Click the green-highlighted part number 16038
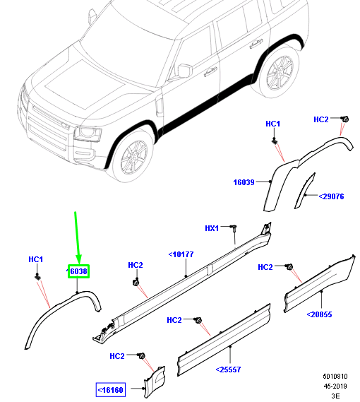pos(78,271)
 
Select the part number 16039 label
pos(244,183)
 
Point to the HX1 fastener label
pos(212,228)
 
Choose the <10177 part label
pos(181,254)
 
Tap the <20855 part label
pos(320,314)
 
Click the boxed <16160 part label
pos(111,389)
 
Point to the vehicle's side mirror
pos(184,71)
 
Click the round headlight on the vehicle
pos(90,133)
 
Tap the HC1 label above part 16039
pos(272,124)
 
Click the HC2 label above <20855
pos(265,267)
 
